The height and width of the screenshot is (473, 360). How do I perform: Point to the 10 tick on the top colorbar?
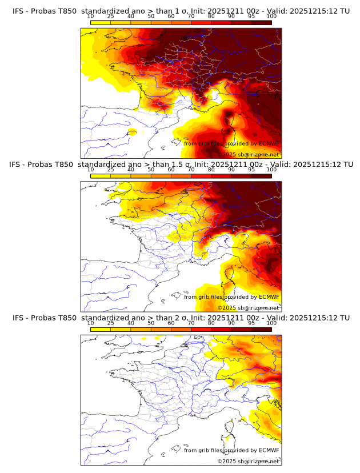91,17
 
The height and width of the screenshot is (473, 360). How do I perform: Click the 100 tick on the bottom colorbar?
271,323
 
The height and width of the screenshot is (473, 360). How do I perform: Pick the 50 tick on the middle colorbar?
151,170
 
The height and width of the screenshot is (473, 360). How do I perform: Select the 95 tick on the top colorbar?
251,17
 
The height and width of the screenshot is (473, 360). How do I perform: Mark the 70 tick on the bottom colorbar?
191,323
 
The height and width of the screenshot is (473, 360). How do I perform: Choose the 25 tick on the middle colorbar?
111,170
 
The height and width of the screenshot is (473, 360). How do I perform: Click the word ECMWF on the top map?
269,143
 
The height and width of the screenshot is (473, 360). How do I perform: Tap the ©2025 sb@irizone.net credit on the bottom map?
248,461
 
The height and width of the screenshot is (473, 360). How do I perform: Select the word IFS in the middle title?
18,165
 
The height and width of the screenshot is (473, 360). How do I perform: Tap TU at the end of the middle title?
345,165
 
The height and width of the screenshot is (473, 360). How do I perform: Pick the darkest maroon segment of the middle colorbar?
261,175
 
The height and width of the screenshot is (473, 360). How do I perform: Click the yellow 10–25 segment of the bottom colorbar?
101,328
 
